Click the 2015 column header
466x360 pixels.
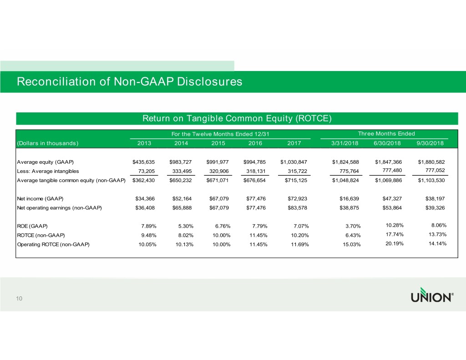click(x=218, y=144)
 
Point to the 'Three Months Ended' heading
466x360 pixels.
click(x=386, y=133)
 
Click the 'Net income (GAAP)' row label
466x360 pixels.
click(x=40, y=199)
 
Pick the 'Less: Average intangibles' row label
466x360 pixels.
click(x=47, y=171)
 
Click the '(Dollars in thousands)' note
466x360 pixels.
click(x=47, y=144)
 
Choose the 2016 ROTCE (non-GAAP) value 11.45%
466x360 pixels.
click(x=255, y=235)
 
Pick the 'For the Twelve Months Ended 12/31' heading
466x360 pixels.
click(x=220, y=133)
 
